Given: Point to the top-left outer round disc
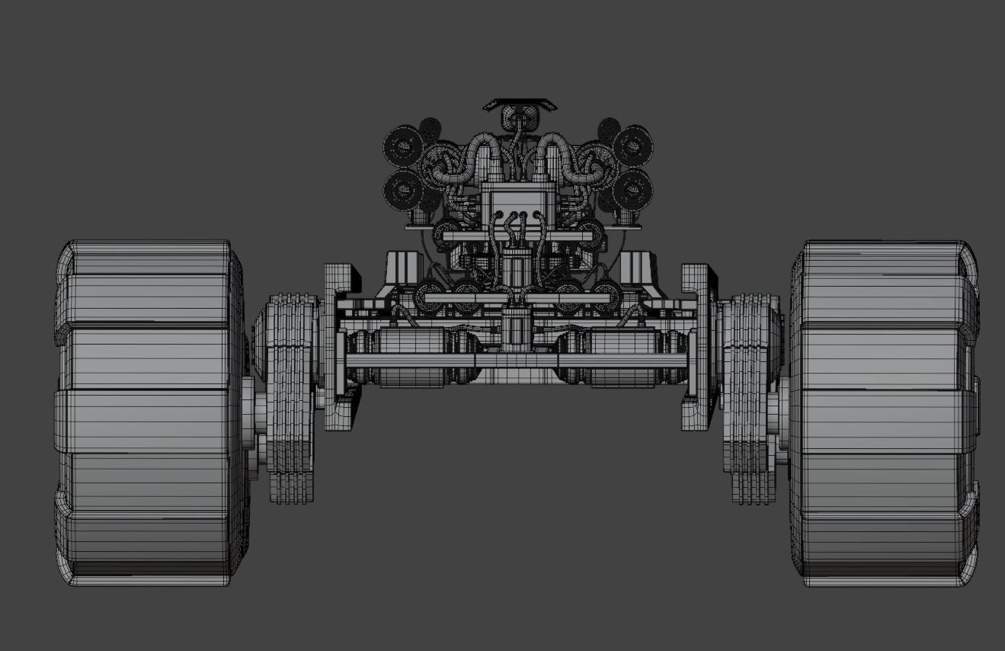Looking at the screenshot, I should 402,145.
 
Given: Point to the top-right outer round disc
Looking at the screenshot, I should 632,145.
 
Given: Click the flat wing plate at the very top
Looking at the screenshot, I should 520,103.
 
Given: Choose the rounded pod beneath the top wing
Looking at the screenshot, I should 520,118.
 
